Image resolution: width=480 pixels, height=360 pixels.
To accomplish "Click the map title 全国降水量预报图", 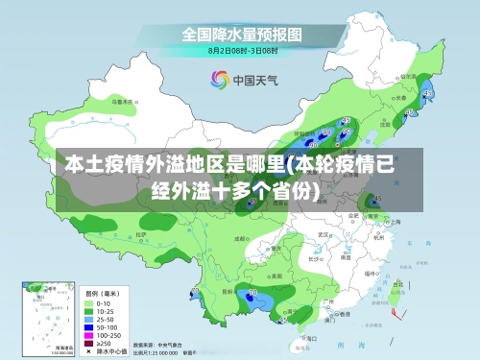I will point(243,34).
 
